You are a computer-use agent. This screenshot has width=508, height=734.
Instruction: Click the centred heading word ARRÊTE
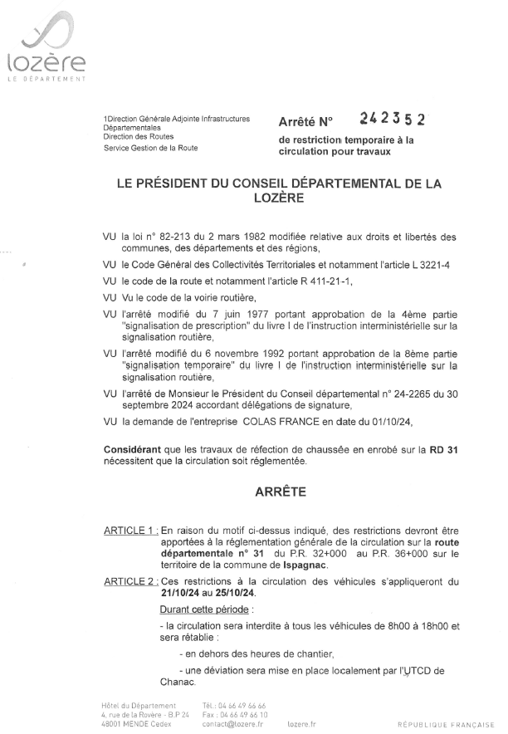tap(279, 492)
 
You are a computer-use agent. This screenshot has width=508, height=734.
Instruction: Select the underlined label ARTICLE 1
tap(130, 530)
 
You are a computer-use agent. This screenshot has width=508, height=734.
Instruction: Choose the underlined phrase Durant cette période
tap(198, 609)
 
